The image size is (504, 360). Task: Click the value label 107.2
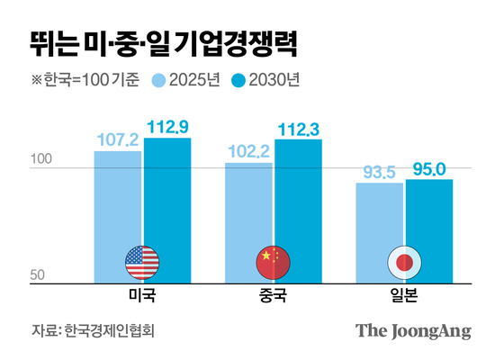pyautogui.click(x=117, y=140)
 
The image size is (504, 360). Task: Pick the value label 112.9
pyautogui.click(x=166, y=127)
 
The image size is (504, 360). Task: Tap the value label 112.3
pyautogui.click(x=298, y=129)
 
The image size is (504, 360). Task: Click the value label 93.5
pyautogui.click(x=379, y=173)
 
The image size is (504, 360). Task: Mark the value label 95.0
pyautogui.click(x=428, y=168)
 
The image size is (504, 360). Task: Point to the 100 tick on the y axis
pyautogui.click(x=43, y=160)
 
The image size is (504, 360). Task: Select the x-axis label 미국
pyautogui.click(x=142, y=296)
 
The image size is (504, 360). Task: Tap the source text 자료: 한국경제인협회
pyautogui.click(x=93, y=330)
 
